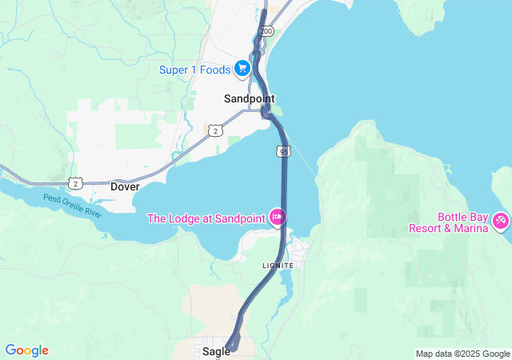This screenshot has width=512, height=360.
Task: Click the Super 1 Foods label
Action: point(194,69)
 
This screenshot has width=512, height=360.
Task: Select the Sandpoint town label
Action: point(248,98)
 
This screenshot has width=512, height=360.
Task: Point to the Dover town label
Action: point(125,186)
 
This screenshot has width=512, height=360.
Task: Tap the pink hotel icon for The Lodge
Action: point(278,217)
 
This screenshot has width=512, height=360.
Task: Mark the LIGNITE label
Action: point(278,265)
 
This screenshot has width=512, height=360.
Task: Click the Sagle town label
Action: point(216,350)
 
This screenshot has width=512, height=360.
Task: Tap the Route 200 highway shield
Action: point(265,31)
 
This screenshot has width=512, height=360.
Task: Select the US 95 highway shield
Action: point(284,150)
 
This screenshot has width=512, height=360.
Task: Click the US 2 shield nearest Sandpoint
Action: point(215,130)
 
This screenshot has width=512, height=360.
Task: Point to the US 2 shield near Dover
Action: point(75,183)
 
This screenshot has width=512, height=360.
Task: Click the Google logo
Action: point(26,350)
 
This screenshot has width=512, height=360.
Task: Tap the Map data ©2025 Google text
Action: point(462,354)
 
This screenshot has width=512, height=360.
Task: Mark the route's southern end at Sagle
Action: point(230,348)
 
